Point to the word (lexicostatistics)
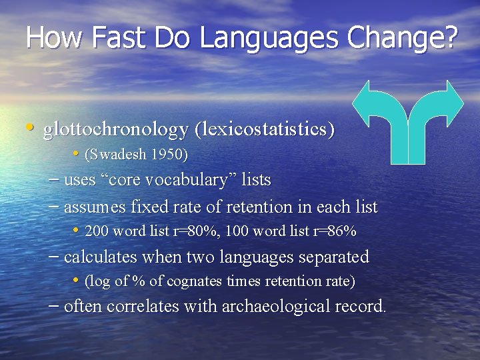264,129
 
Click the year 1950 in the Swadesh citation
169,155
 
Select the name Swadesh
116,155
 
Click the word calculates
99,257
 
